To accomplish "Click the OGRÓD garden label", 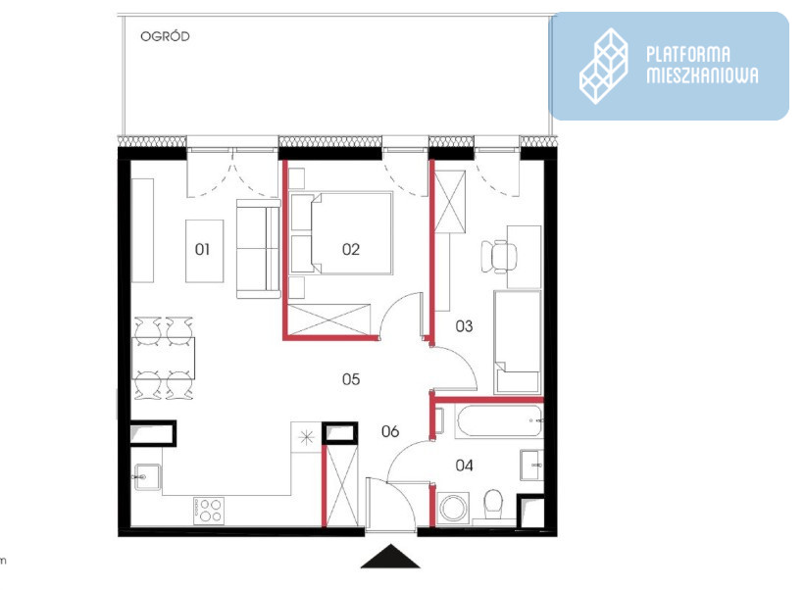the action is (165, 36).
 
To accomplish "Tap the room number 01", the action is (202, 249).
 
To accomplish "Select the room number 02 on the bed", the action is (351, 249).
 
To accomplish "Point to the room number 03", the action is (464, 325).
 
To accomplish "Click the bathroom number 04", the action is (464, 466).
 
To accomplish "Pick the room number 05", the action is (351, 379).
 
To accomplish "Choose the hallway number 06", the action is (390, 431).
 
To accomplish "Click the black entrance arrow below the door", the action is (390, 557).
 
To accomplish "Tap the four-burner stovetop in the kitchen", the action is (209, 511).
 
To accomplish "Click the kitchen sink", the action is (147, 477).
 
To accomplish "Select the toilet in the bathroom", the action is (494, 504).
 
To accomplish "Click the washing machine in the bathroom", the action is (453, 507).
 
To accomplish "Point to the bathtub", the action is (499, 420).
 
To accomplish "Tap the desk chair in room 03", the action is (498, 256).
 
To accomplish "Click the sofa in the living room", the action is (258, 249).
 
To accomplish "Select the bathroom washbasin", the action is (531, 465).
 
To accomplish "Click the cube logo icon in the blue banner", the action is (604, 67).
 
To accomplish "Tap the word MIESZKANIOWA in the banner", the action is (702, 74).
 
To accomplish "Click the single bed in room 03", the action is (518, 342).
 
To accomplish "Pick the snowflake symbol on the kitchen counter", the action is (307, 437).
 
